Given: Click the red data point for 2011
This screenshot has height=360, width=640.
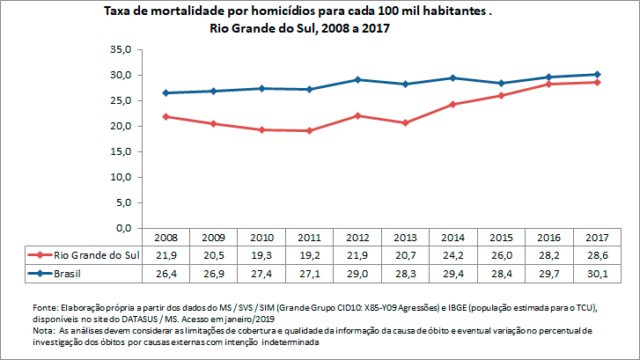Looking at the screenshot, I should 309,130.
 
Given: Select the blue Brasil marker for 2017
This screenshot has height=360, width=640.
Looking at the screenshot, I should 597,75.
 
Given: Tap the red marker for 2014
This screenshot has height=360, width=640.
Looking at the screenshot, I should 452,105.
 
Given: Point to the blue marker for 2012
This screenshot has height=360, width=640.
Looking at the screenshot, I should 357,80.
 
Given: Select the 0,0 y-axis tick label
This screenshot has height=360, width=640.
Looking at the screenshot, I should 123,229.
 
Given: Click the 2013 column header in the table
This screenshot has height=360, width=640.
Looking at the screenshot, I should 405,239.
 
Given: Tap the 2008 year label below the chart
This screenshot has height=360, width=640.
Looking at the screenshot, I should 166,239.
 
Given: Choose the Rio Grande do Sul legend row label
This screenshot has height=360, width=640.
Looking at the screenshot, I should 96,255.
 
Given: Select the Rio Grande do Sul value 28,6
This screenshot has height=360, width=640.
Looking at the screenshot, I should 597,255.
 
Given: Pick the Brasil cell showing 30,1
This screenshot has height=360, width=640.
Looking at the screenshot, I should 597,274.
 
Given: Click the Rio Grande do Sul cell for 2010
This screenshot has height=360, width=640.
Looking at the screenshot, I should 261,255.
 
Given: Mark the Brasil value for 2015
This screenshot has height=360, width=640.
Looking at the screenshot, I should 501,274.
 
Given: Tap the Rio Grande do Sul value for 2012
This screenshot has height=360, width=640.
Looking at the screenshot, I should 357,255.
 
